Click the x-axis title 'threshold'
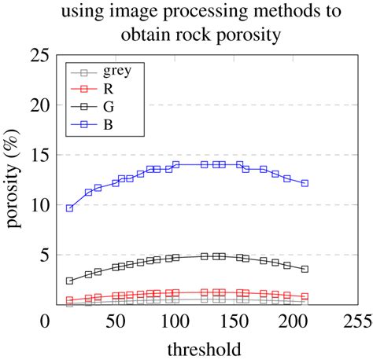coord(203,347)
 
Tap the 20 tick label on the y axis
coord(29,105)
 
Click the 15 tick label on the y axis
coord(29,156)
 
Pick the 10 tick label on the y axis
coord(29,205)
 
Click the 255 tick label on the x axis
coord(356,322)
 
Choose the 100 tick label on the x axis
coord(175,322)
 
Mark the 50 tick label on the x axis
coord(116,322)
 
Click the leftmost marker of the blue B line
coord(69,208)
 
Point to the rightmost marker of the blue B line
coord(305,183)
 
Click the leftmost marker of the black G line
coord(69,281)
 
